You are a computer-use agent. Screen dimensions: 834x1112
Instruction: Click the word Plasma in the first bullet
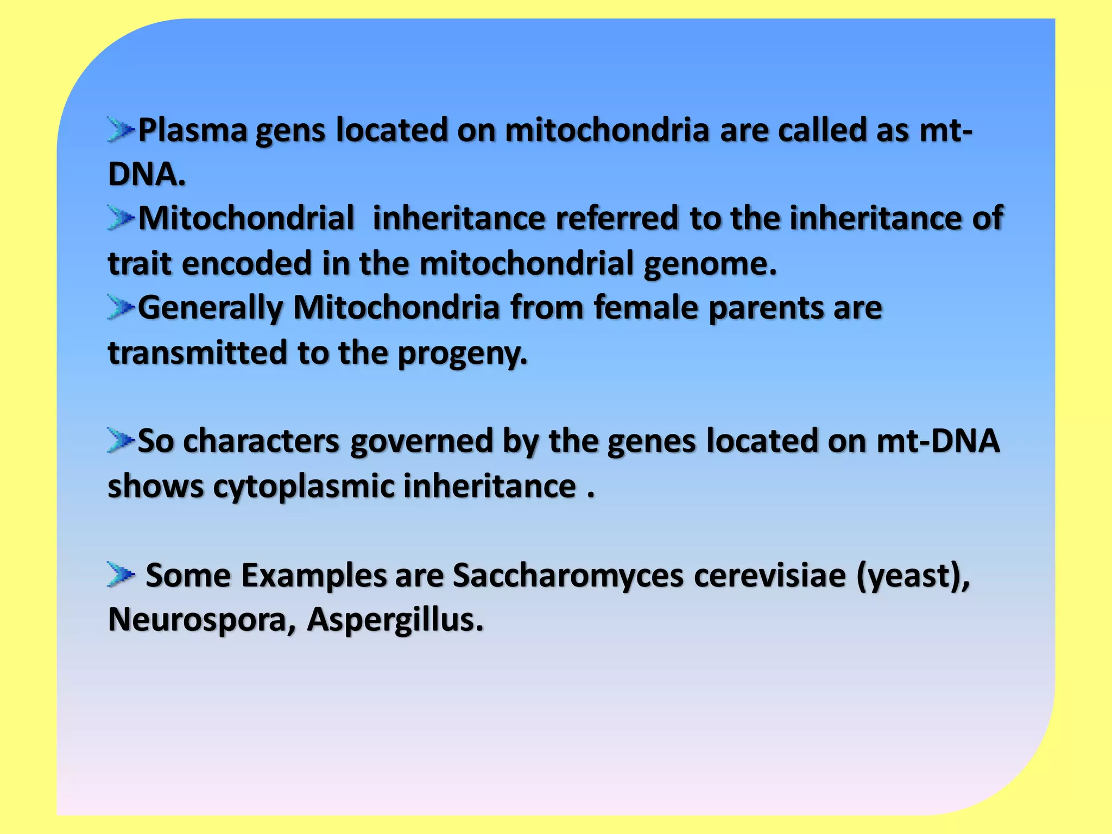193,131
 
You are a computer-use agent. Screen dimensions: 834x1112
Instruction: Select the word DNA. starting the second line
147,175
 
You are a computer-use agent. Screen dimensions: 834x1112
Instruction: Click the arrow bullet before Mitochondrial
121,218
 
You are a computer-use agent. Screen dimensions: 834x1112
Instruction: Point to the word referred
616,218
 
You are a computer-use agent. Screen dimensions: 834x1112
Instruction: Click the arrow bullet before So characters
121,440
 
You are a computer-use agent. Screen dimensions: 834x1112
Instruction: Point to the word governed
421,441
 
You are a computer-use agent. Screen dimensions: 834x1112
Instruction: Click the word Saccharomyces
568,576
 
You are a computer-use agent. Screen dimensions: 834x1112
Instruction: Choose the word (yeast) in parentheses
912,576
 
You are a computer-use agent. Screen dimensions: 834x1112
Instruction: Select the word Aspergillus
395,620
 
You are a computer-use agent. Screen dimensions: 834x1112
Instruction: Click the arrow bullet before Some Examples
121,574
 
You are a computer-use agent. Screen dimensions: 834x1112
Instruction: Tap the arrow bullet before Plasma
121,130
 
